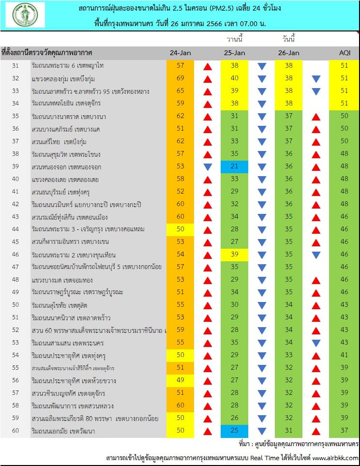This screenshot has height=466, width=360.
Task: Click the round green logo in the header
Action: click(25, 15)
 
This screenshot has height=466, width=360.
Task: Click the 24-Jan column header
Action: click(180, 53)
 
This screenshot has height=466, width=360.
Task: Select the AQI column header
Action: click(345, 53)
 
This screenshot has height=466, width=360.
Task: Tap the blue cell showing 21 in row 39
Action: click(234, 166)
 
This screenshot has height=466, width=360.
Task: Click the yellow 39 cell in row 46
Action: click(234, 255)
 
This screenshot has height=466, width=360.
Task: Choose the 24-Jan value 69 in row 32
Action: click(180, 78)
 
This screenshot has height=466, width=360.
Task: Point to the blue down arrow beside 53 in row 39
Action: click(208, 167)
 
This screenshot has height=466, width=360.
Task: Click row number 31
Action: click(15, 66)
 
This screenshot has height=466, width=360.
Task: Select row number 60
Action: click(15, 431)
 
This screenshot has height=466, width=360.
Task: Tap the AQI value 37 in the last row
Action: click(344, 430)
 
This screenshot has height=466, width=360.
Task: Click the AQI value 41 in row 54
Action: click(344, 355)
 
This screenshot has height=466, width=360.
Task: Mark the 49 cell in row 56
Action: click(180, 380)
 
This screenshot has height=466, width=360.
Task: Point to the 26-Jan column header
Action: click(289, 53)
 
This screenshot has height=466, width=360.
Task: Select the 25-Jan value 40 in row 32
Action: click(234, 78)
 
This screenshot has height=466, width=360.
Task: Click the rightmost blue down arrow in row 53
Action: click(316, 343)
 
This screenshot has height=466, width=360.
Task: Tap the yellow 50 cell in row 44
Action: click(180, 229)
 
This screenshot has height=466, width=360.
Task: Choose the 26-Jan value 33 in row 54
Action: click(289, 355)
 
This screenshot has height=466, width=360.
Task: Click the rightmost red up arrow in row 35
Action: click(316, 117)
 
